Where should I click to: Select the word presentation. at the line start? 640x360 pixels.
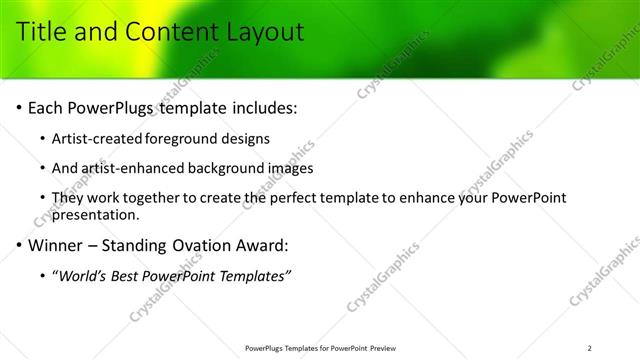click(95, 214)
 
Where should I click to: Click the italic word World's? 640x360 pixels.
click(85, 275)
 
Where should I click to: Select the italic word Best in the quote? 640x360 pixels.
click(131, 275)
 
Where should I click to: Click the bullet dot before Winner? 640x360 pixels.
click(19, 245)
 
